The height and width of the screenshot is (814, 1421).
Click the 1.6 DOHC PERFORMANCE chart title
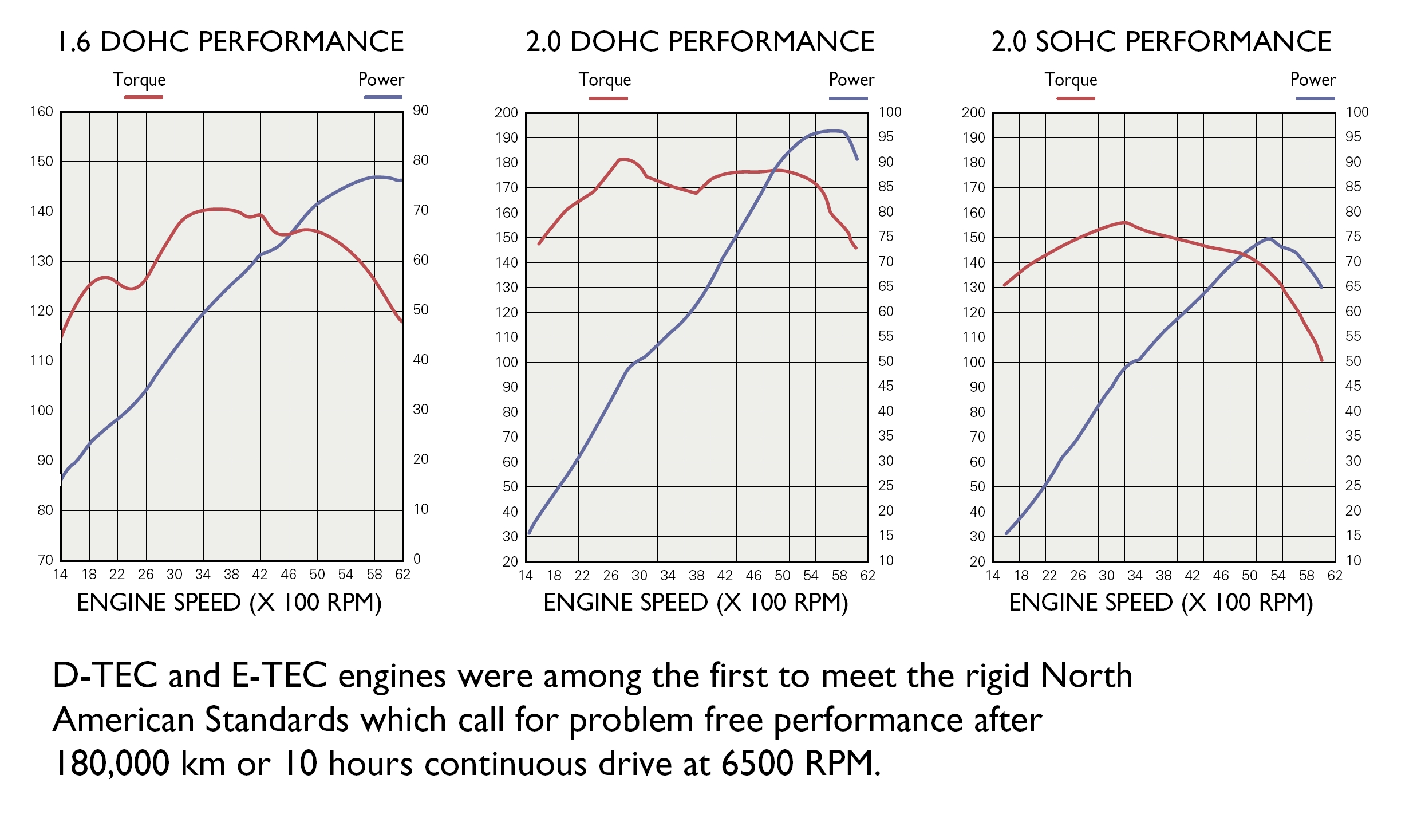[231, 41]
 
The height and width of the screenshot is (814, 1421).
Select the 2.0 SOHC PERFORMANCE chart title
[1161, 41]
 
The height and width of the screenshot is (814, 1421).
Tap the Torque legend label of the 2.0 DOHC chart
[605, 80]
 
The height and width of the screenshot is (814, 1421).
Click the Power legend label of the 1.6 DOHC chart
[381, 79]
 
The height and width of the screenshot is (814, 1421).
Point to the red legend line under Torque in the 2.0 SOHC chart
[1075, 99]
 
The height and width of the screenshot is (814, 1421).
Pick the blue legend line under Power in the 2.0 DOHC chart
[848, 99]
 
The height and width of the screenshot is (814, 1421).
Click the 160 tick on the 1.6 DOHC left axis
[41, 112]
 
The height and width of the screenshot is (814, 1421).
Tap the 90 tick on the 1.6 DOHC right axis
[421, 111]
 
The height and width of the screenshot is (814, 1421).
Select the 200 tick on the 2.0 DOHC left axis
[506, 113]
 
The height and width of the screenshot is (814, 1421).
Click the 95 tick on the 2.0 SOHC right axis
[1353, 137]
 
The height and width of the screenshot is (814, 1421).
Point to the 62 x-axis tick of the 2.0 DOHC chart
[868, 575]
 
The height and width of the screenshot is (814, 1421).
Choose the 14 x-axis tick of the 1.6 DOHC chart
[60, 574]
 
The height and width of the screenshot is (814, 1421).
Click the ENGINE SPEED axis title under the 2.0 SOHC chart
[1161, 603]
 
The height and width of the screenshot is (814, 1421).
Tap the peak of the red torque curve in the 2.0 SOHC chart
[1125, 222]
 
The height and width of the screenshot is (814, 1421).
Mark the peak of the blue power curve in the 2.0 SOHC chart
[1269, 238]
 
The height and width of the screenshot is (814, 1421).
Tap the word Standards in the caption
[277, 719]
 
